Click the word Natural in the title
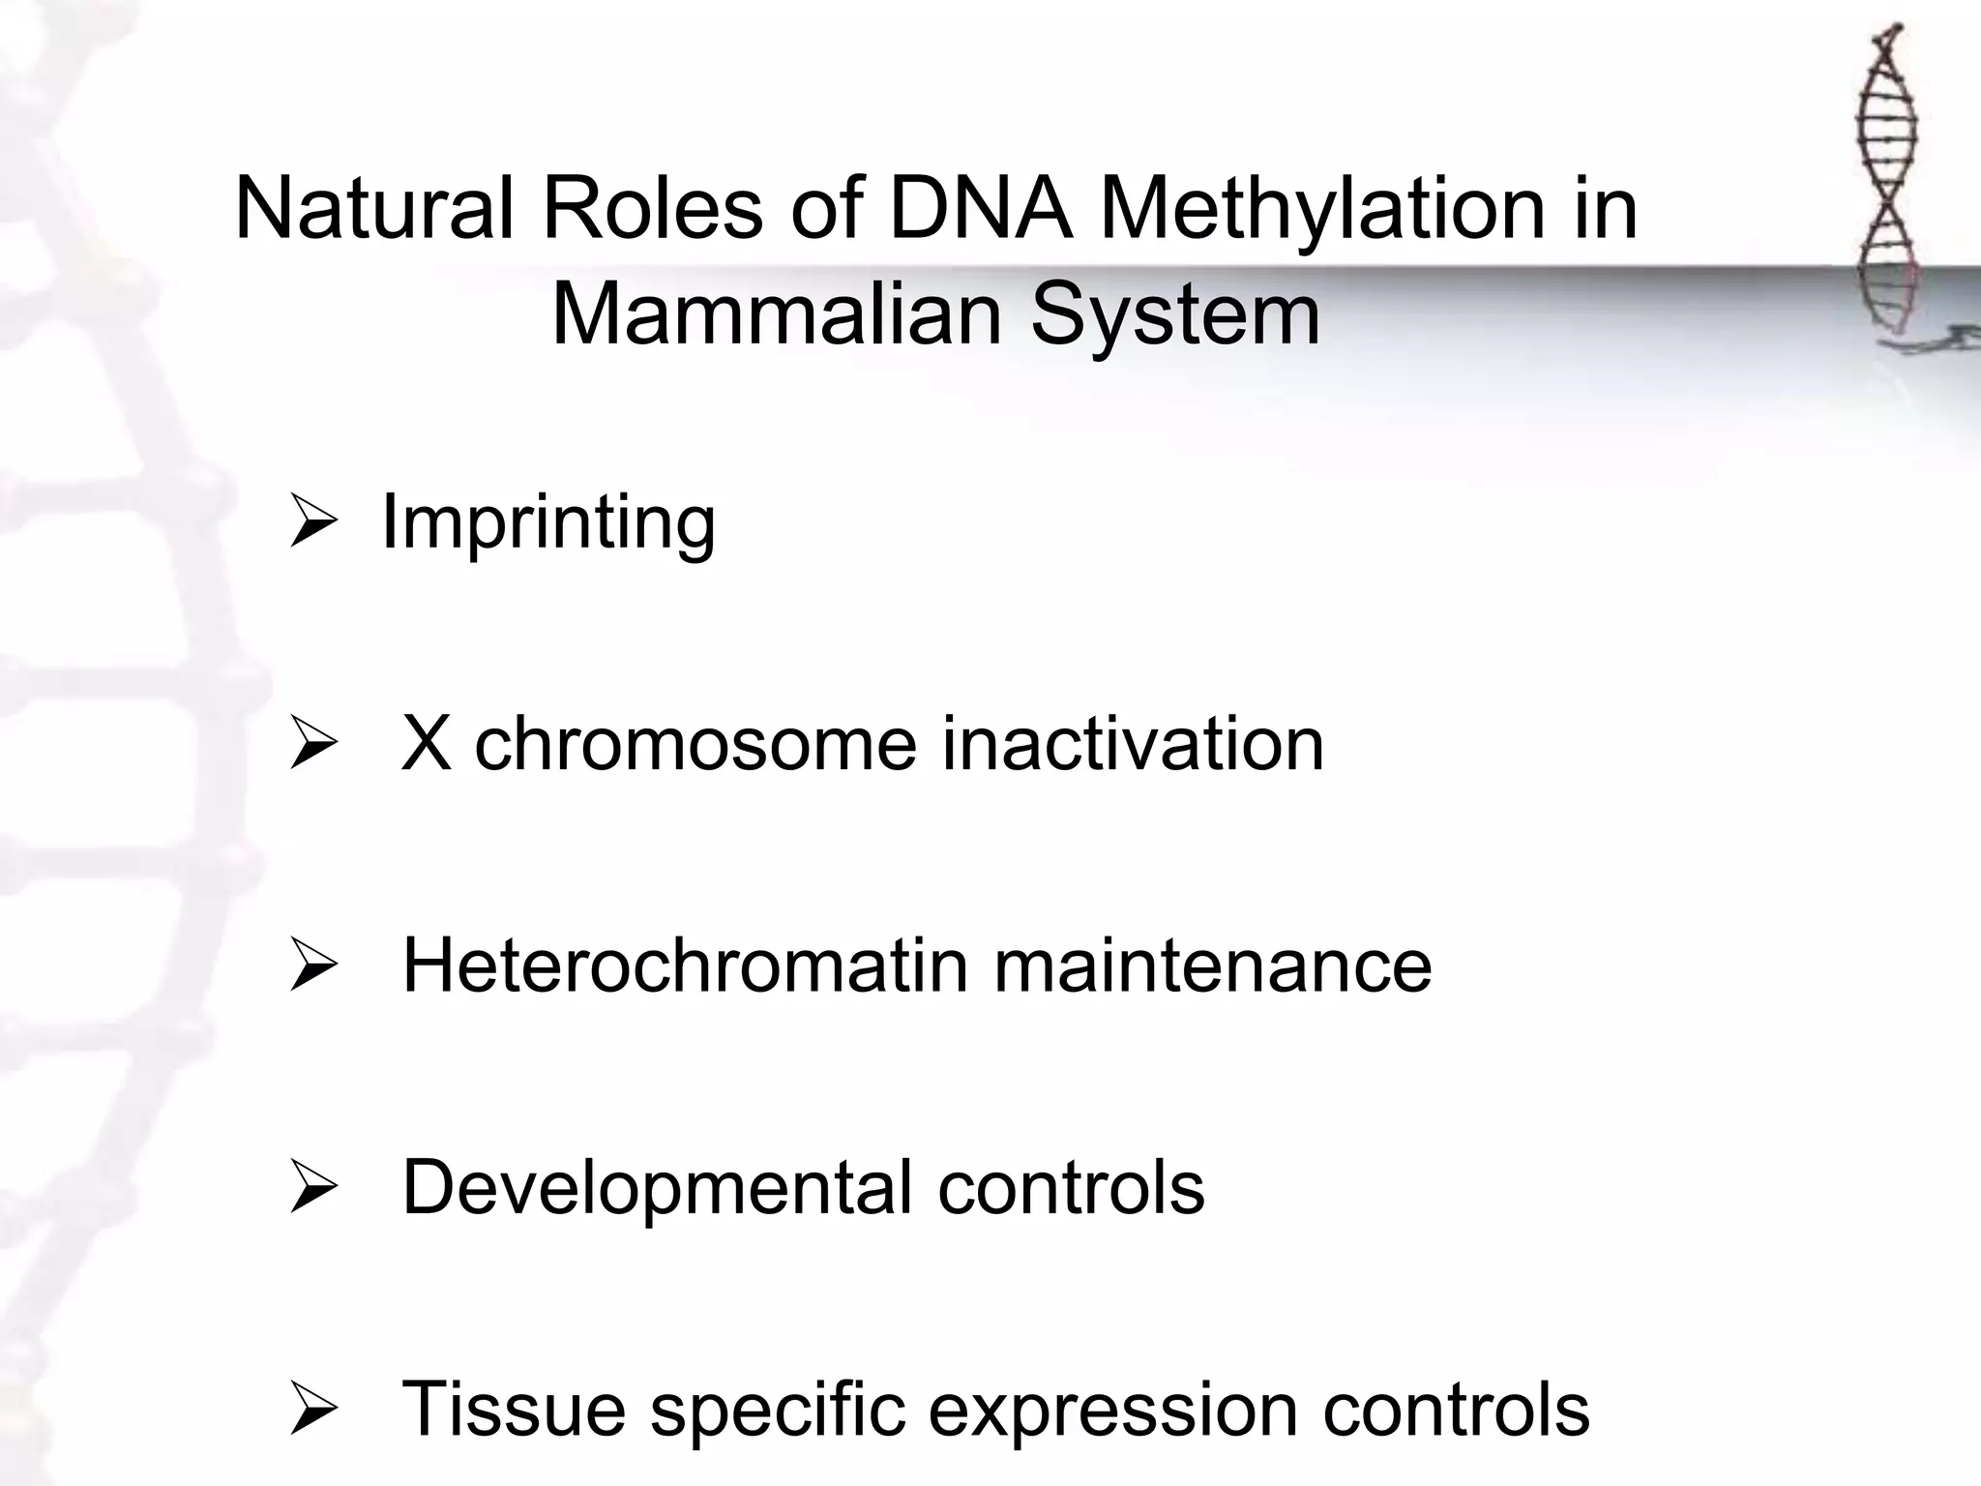373,209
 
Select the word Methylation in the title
1322,209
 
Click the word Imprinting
548,523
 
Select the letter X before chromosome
426,744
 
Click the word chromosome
695,744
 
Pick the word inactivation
1133,744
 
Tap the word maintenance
1212,966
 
